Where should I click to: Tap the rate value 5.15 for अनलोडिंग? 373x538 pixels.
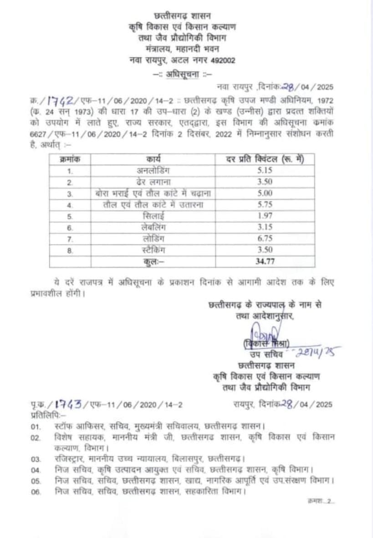(x=265, y=171)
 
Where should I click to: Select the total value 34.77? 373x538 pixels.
(x=265, y=261)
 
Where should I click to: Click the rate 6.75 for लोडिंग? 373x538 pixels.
(x=265, y=239)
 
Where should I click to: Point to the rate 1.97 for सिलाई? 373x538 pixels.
(x=265, y=216)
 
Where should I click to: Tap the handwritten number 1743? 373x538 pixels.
(x=67, y=403)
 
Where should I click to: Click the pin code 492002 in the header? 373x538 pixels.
(x=222, y=60)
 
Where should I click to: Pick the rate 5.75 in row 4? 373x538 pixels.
(x=265, y=205)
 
